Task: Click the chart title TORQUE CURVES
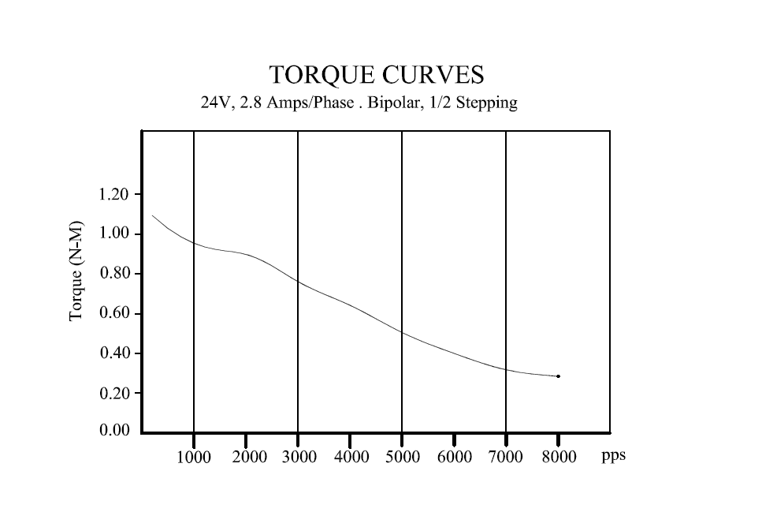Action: tap(376, 75)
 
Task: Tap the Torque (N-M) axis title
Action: tap(76, 270)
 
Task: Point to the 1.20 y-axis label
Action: tap(114, 195)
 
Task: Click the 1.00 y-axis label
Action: tap(114, 234)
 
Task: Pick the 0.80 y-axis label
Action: tap(114, 274)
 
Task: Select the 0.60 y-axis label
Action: tap(114, 314)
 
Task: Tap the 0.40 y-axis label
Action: tap(114, 353)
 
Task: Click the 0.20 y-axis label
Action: tap(114, 393)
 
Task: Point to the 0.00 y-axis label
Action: tap(114, 431)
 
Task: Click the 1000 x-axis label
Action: tap(194, 458)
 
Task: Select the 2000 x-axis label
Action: tap(249, 458)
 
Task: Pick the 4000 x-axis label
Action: tap(352, 458)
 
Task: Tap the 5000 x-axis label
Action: tap(403, 458)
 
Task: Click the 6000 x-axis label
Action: tap(455, 458)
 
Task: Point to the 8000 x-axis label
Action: tap(559, 458)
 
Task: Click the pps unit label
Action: tap(613, 456)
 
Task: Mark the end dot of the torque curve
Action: tap(558, 376)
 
